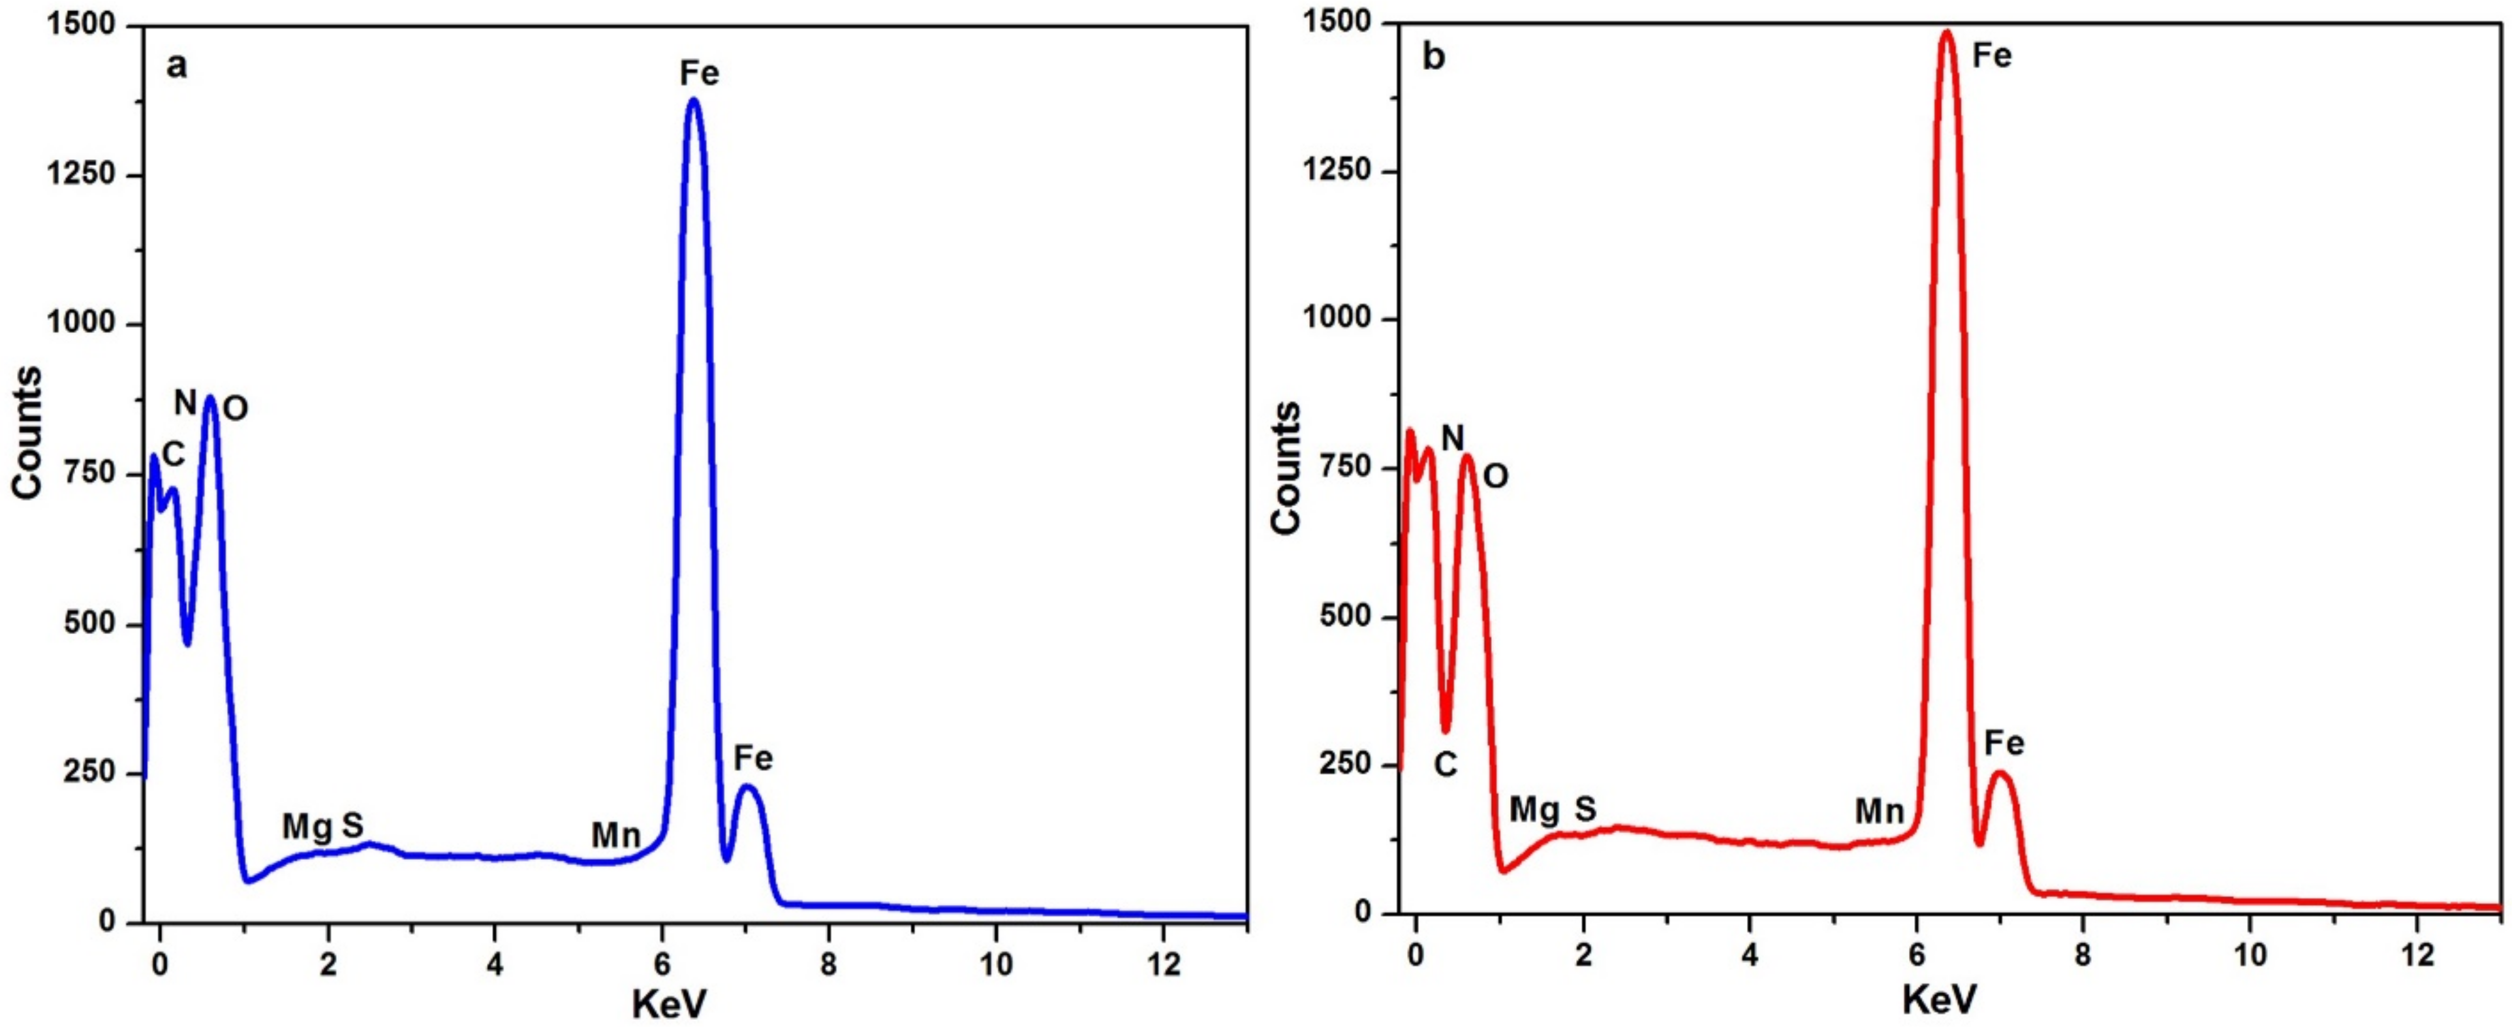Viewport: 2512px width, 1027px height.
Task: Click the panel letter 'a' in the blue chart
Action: click(176, 67)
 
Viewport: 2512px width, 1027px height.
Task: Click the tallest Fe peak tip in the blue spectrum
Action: click(693, 99)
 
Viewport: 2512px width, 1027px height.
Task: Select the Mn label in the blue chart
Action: click(615, 836)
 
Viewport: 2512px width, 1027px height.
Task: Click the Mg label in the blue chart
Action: click(307, 827)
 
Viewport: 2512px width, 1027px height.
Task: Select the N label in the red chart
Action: click(1452, 439)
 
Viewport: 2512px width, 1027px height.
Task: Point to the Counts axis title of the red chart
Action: click(1286, 467)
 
